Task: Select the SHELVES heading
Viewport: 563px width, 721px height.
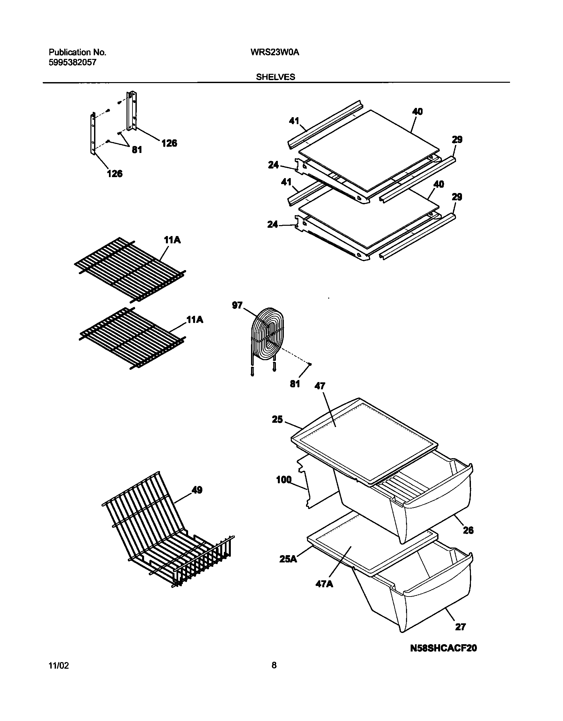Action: (275, 77)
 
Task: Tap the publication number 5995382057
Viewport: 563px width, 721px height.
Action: (73, 62)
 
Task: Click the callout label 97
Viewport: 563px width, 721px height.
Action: (237, 305)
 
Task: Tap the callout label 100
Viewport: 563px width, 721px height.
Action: (283, 480)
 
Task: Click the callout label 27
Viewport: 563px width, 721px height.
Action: (460, 627)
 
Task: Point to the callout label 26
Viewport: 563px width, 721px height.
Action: (468, 530)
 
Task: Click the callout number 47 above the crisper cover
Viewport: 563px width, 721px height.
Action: (320, 386)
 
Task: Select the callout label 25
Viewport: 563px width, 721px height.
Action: (278, 420)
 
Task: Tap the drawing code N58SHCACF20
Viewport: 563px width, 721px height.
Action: (443, 648)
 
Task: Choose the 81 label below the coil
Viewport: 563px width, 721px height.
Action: (294, 384)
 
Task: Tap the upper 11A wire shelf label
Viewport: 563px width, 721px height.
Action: (172, 240)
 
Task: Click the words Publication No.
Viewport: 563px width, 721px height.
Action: (77, 52)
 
